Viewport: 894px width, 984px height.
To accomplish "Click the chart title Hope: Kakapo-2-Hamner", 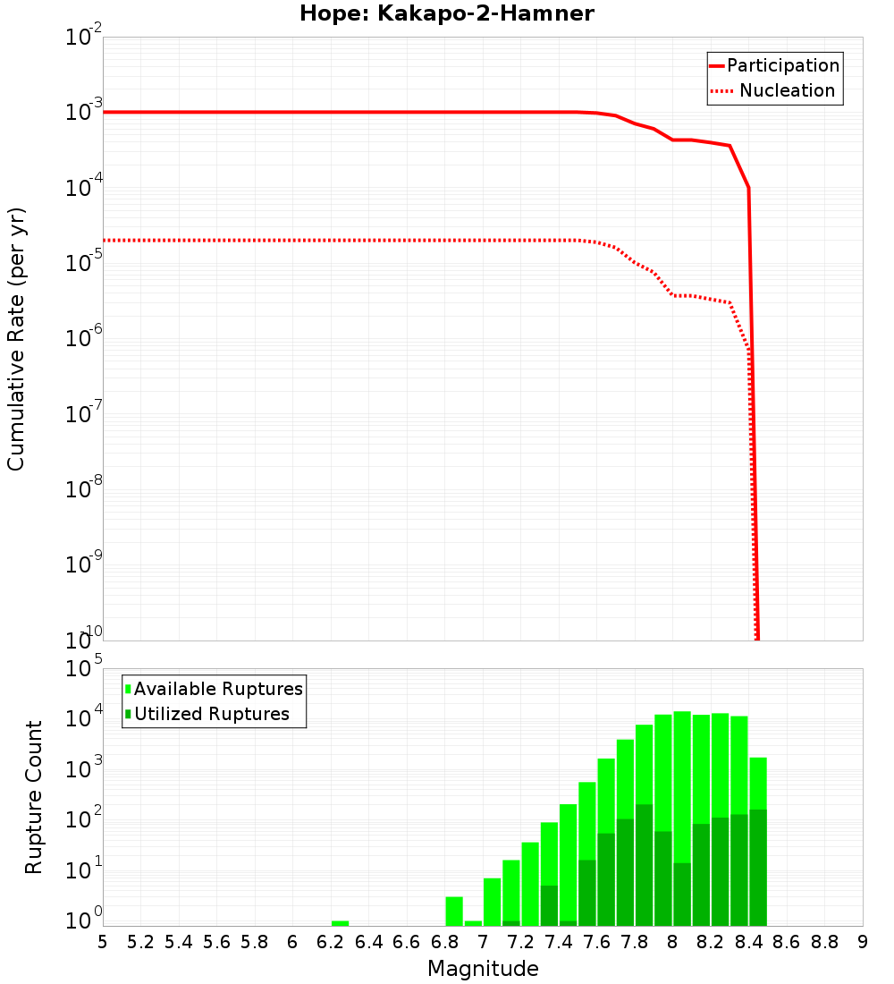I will (x=446, y=13).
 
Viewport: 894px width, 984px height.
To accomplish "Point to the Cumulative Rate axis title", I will (x=16, y=339).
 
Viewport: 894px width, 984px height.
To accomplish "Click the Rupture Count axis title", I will (x=34, y=797).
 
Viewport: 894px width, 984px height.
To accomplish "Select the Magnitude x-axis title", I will (x=483, y=969).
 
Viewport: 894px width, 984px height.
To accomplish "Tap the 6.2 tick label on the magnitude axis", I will (x=330, y=942).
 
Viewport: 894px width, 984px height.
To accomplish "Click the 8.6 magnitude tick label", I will (x=787, y=942).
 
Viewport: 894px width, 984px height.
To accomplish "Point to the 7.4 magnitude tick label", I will (x=559, y=942).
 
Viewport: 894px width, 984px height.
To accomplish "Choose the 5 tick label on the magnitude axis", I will (x=103, y=942).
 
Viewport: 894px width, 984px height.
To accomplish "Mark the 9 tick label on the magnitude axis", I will (x=863, y=942).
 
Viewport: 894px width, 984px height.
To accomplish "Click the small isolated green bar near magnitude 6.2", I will (x=340, y=923).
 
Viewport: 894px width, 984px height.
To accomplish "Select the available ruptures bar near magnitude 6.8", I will (x=454, y=911).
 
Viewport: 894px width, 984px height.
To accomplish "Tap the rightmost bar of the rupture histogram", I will (x=758, y=841).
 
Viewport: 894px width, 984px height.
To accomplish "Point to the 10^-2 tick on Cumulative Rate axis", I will (x=84, y=38).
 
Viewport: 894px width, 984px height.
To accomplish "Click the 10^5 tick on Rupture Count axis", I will (x=84, y=669).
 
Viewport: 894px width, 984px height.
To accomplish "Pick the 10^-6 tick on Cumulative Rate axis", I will (x=84, y=339).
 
